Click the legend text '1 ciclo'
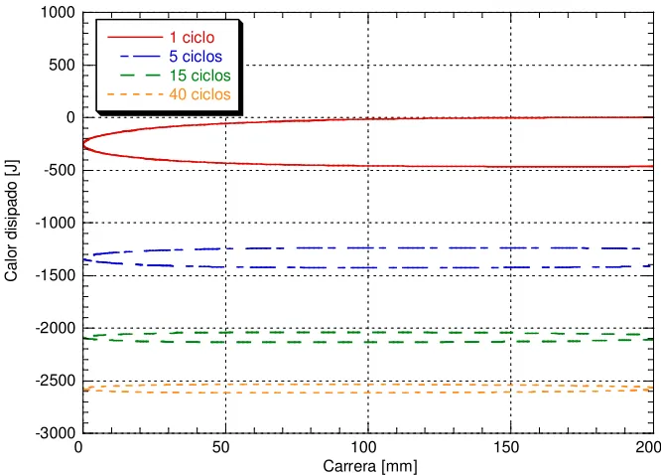click(192, 37)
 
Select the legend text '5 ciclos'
click(196, 57)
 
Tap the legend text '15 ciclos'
click(200, 76)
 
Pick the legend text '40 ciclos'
click(200, 93)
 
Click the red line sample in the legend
click(135, 37)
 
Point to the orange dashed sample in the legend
click(135, 94)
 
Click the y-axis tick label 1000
click(58, 13)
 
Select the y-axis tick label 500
click(62, 65)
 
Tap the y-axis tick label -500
click(60, 170)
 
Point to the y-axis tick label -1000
click(56, 223)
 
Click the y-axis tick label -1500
click(56, 275)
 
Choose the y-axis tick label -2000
click(56, 328)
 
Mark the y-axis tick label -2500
click(56, 381)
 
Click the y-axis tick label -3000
click(56, 433)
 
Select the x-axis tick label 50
click(221, 447)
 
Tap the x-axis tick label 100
click(363, 447)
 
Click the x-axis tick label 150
click(506, 447)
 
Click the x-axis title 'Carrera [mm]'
click(370, 466)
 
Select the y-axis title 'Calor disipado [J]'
click(11, 221)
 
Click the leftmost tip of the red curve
click(83, 144)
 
